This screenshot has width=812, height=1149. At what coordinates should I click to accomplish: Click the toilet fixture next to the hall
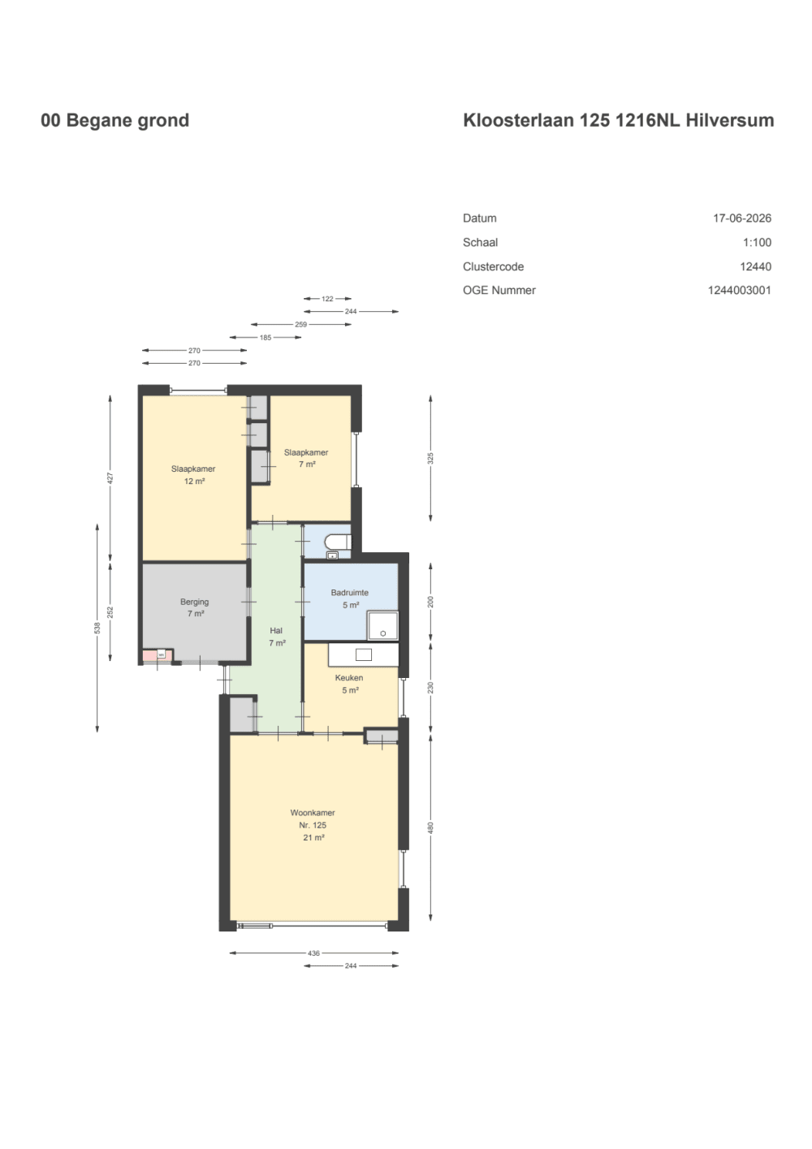pyautogui.click(x=339, y=541)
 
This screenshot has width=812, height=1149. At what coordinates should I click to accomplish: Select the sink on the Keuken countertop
pyautogui.click(x=364, y=654)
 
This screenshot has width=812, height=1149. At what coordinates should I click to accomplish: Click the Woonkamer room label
pyautogui.click(x=313, y=813)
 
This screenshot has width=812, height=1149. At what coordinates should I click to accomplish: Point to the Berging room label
pyautogui.click(x=194, y=602)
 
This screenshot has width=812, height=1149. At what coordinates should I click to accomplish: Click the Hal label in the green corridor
pyautogui.click(x=276, y=630)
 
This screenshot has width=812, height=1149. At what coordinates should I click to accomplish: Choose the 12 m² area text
pyautogui.click(x=194, y=482)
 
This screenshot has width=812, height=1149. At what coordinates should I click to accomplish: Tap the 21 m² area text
pyautogui.click(x=313, y=838)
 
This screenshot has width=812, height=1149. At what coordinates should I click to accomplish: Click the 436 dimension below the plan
pyautogui.click(x=313, y=953)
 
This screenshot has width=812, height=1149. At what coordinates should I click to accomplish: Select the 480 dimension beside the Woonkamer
pyautogui.click(x=430, y=827)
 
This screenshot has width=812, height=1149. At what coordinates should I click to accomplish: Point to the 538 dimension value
pyautogui.click(x=97, y=628)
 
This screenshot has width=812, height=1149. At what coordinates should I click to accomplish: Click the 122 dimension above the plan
pyautogui.click(x=327, y=299)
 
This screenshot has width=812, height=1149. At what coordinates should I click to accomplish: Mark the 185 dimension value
pyautogui.click(x=266, y=338)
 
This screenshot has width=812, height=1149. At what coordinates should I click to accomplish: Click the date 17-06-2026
pyautogui.click(x=741, y=218)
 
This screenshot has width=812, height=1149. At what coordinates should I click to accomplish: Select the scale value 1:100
pyautogui.click(x=757, y=242)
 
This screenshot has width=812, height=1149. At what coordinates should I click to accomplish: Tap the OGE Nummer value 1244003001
pyautogui.click(x=739, y=291)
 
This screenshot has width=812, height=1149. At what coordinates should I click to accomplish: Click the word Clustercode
pyautogui.click(x=493, y=266)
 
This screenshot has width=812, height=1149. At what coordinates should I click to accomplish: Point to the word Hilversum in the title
pyautogui.click(x=730, y=120)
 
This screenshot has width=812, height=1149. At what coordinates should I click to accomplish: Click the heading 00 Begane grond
pyautogui.click(x=115, y=120)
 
